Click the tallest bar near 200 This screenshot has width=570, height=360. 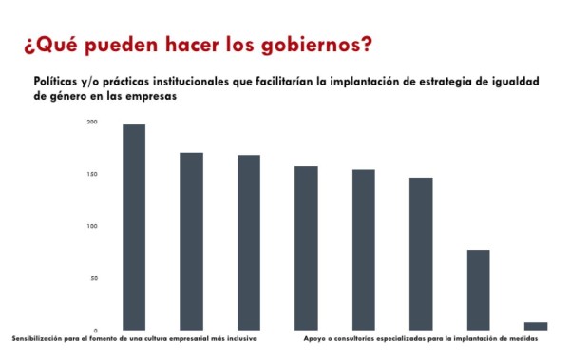point(134,227)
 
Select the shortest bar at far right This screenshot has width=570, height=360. point(536,326)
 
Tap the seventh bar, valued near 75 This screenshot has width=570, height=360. point(478,290)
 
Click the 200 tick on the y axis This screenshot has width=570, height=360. point(92,123)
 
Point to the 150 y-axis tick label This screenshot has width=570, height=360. point(92,175)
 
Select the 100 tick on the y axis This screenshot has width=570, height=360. point(92,227)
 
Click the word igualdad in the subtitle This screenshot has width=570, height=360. point(509,83)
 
